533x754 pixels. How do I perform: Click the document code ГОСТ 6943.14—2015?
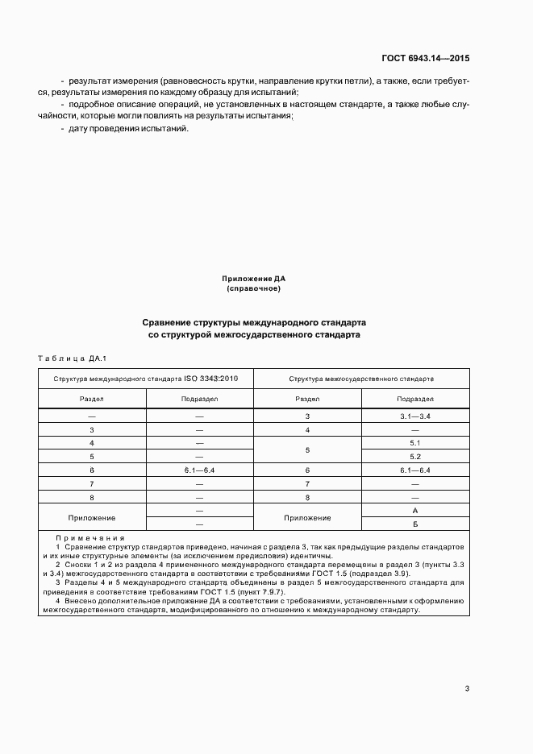coord(425,59)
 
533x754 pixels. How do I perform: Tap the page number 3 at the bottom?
coord(467,688)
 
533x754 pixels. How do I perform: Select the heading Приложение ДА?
coord(254,279)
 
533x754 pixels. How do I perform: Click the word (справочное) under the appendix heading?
coord(254,288)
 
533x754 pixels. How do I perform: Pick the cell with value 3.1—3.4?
coord(415,416)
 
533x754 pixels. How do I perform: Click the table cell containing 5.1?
coord(415,443)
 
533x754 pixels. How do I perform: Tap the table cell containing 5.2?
coord(415,457)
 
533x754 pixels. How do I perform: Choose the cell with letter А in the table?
coord(415,511)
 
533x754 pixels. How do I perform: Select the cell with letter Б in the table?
coord(415,524)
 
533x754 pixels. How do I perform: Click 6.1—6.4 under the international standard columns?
coord(199,470)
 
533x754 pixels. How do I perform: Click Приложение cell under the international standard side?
coord(92,517)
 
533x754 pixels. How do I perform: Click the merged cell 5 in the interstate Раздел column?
coord(307,449)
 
